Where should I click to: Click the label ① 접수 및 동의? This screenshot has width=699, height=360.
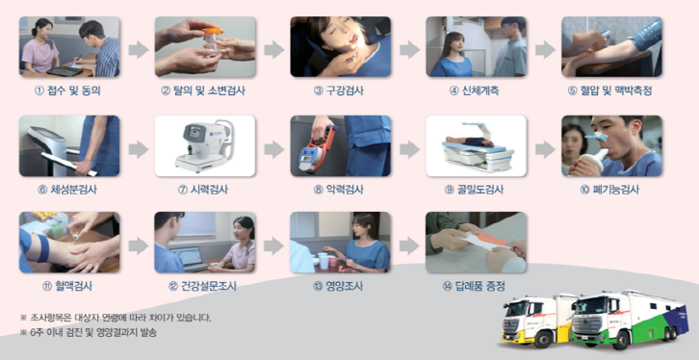67,90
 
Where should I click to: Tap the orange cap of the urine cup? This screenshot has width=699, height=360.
213,31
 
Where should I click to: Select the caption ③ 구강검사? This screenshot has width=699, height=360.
338,90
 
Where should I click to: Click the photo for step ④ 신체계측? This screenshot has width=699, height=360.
476,47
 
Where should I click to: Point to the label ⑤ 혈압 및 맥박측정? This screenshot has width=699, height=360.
610,90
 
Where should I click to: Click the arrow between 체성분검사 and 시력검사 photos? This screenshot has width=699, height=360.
139,150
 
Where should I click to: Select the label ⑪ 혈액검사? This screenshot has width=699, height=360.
67,287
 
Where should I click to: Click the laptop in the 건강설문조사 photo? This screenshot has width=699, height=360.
190,258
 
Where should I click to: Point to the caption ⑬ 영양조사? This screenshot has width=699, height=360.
338,287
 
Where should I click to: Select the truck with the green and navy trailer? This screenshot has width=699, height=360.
629,319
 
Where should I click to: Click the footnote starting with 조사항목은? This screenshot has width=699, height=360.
116,318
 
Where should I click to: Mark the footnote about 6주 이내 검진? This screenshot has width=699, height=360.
89,333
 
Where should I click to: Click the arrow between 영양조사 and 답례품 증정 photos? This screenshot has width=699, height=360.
409,245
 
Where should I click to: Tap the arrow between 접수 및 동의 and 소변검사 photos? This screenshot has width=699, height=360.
139,49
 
